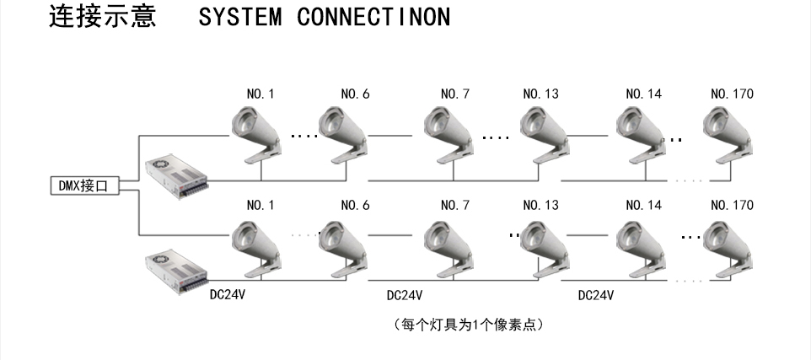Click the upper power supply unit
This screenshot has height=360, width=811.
coord(175,175)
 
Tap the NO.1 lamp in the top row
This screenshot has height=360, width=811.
coord(256,135)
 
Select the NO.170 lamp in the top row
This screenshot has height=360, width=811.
coord(728,135)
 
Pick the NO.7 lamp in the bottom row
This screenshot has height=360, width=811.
coord(449,247)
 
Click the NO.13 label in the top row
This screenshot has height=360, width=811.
coord(540,94)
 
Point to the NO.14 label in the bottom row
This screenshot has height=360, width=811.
coord(643,205)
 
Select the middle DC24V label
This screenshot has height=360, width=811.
coord(404,296)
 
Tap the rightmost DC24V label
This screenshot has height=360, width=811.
coord(595,296)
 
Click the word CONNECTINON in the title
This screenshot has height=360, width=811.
coord(373,18)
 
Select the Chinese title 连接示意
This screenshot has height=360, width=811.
coord(102,17)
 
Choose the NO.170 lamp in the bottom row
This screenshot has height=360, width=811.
coord(728,247)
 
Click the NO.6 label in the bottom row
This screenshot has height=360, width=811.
coord(355,205)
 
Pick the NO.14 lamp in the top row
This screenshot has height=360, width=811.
coord(642,135)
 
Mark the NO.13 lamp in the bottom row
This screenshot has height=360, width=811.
coord(544,247)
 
